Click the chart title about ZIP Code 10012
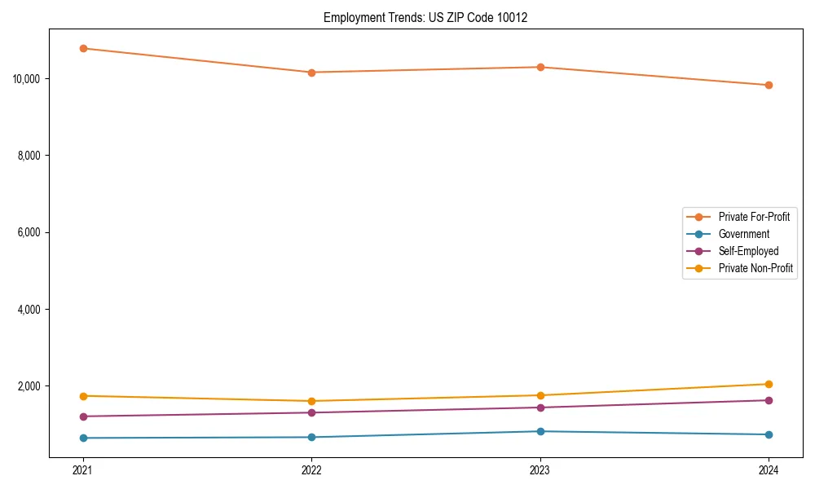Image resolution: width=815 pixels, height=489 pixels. click(425, 17)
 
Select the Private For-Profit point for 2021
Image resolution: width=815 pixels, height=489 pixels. click(83, 48)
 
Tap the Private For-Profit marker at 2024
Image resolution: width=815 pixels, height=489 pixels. click(769, 85)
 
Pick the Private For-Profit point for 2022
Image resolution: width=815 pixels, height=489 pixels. click(311, 73)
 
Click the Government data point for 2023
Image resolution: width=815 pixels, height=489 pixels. click(540, 431)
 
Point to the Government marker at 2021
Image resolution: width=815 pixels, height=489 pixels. click(83, 438)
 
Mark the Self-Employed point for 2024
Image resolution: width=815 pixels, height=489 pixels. click(769, 400)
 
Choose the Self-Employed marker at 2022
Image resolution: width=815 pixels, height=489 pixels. click(311, 412)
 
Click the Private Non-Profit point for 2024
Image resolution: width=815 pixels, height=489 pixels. click(769, 384)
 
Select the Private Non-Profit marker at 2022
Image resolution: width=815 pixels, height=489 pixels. click(311, 401)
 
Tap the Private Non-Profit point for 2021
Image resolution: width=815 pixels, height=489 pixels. click(83, 396)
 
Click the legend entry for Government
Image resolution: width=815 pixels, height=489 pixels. click(743, 234)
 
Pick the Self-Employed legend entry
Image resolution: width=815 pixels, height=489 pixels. click(748, 251)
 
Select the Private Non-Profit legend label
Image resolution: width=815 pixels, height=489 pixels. click(756, 268)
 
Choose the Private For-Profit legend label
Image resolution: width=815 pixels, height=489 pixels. click(754, 217)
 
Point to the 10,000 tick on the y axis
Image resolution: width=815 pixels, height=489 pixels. click(28, 79)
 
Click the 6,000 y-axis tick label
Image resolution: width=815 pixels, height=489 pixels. click(30, 232)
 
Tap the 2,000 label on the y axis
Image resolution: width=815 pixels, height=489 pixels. click(30, 386)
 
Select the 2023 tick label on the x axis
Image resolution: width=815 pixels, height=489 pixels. click(540, 470)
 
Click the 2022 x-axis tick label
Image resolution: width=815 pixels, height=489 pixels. click(311, 470)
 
